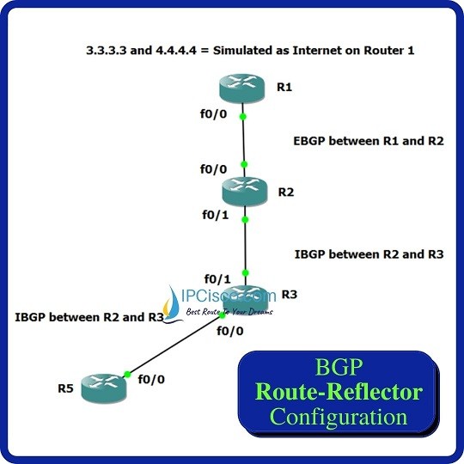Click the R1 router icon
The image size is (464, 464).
(x=241, y=89)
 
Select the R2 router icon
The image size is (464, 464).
(x=244, y=192)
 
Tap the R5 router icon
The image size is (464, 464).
(x=104, y=388)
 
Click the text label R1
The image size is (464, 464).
(x=284, y=87)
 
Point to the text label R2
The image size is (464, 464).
(x=286, y=192)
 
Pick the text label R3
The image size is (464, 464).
(x=289, y=295)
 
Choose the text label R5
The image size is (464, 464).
(x=65, y=388)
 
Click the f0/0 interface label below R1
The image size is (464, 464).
(x=213, y=113)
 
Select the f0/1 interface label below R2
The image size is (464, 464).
(x=216, y=215)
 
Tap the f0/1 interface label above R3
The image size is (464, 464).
(x=217, y=278)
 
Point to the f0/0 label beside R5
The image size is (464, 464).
(x=151, y=379)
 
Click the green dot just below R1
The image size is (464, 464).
(x=243, y=117)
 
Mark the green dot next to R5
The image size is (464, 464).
(x=127, y=375)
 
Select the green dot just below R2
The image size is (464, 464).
(x=245, y=220)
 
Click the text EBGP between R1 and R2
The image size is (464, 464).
(x=369, y=141)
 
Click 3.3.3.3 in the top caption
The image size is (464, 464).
(x=107, y=51)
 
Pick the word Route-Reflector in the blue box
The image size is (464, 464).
(x=339, y=392)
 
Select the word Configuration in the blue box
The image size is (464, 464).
(x=339, y=417)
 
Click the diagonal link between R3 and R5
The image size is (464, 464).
(x=174, y=345)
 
